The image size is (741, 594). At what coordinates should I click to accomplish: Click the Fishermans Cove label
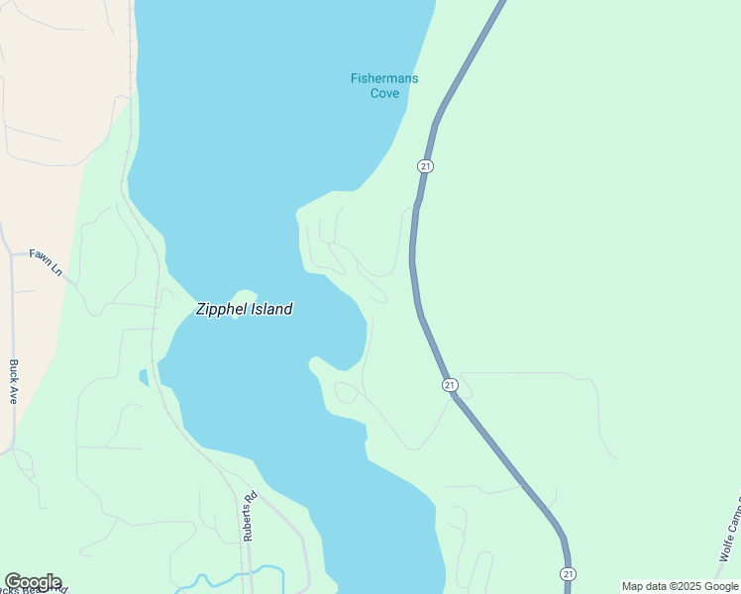pos(384,86)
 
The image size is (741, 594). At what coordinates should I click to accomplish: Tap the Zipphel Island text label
pos(244,309)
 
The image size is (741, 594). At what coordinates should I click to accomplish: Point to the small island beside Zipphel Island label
pos(244,297)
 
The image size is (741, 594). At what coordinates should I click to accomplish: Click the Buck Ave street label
pos(14,381)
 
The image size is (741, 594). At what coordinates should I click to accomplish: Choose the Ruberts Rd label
pos(250,516)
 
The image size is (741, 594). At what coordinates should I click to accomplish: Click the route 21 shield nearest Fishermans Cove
pos(425,166)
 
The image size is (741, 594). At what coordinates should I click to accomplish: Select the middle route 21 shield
pos(450,384)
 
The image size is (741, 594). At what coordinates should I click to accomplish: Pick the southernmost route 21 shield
pos(567,574)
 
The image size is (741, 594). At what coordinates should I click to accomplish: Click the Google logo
pos(33,582)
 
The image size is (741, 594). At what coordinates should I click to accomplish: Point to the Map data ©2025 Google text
pos(680,586)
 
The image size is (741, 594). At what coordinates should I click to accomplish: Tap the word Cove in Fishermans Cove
pos(384,93)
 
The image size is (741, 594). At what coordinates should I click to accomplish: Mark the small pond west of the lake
pos(144,376)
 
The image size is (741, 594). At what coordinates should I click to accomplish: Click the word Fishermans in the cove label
pos(384,79)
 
